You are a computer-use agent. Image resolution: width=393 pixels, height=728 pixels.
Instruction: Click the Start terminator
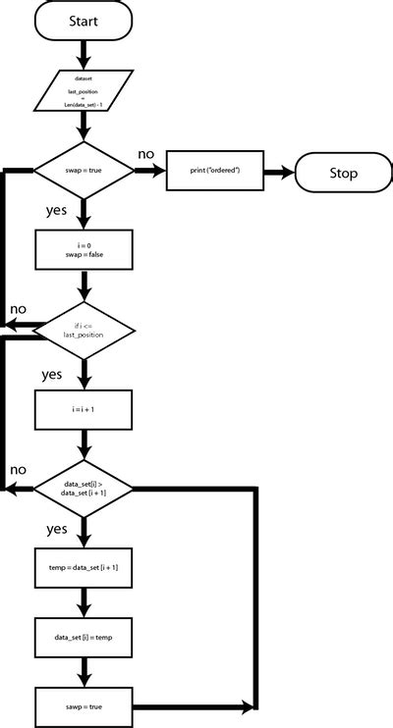point(83,21)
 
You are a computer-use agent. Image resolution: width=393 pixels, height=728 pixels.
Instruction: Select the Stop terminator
point(343,174)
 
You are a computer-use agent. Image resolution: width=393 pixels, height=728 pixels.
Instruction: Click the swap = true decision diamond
point(83,172)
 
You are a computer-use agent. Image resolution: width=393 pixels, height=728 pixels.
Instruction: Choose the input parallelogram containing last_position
point(83,91)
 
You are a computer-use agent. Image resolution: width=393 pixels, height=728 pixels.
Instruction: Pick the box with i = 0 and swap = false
point(83,248)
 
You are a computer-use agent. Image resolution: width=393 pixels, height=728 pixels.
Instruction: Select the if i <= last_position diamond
point(83,330)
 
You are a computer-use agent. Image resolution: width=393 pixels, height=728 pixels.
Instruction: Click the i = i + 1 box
point(83,410)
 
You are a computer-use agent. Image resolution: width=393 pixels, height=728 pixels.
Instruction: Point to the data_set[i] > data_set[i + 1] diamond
point(83,489)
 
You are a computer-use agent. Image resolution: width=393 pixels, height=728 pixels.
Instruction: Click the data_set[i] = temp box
point(83,638)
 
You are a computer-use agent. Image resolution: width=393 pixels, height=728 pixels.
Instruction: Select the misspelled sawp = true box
point(83,706)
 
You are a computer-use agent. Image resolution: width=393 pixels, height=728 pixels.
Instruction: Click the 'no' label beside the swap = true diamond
point(145,154)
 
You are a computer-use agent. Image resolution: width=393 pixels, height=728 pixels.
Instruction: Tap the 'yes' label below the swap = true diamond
point(57,210)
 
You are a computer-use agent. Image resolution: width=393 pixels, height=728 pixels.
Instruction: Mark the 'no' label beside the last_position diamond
point(18,310)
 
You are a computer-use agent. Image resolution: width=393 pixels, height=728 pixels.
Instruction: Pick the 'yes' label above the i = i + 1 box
point(52,375)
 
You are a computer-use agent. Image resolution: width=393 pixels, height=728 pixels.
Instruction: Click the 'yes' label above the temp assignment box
point(57,530)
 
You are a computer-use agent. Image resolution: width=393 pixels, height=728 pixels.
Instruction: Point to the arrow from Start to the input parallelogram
point(83,51)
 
